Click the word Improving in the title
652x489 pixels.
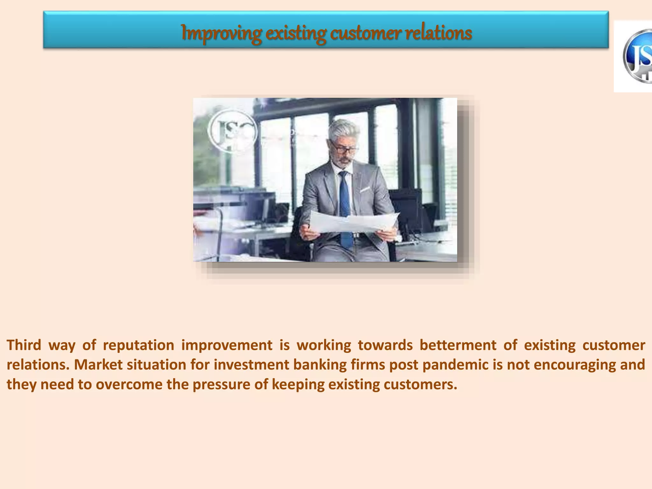(221, 33)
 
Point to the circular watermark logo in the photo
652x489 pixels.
(232, 131)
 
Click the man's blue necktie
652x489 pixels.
(345, 204)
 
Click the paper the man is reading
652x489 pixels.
(353, 221)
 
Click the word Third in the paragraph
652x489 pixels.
(24, 345)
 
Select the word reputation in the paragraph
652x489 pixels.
(138, 345)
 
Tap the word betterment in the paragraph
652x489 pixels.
(458, 345)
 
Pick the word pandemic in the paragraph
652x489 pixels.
(455, 365)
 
